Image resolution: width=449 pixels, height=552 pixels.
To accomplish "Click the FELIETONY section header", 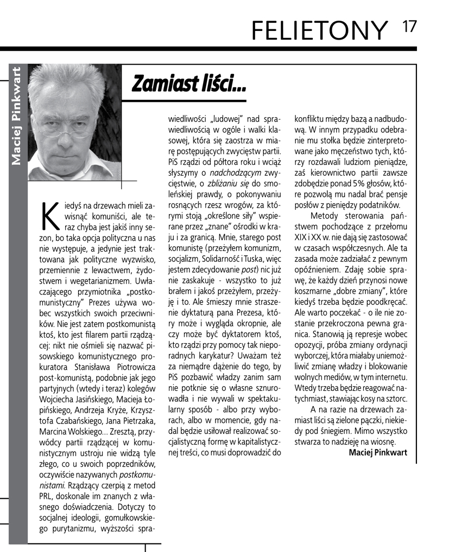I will tap(320, 30).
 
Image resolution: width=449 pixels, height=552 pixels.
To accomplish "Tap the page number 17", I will tap(409, 27).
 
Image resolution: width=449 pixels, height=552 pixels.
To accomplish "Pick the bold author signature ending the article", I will tap(377, 452).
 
